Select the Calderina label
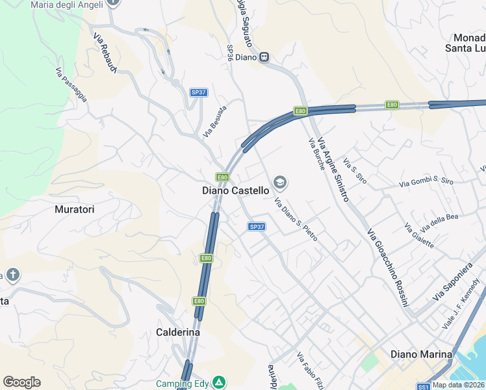point(178,332)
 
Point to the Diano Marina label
point(421,354)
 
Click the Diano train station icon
point(264,57)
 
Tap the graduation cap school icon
point(281,181)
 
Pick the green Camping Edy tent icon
point(220,383)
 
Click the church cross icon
point(12,275)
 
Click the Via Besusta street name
point(214,121)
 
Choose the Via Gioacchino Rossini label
point(387,268)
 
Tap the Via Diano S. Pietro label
point(296,220)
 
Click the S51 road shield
point(423,385)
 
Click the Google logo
point(21,382)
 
